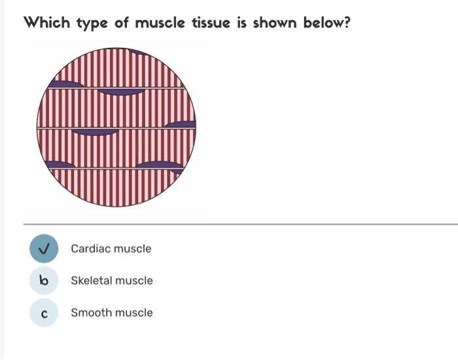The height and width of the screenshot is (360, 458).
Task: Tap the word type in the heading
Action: click(94, 24)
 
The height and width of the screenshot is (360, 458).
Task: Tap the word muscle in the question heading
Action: click(160, 23)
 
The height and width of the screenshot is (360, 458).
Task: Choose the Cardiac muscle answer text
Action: click(111, 249)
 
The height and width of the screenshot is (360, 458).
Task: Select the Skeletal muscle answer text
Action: click(111, 281)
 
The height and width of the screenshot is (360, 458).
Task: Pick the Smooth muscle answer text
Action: click(111, 313)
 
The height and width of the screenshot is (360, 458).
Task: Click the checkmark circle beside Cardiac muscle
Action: click(44, 249)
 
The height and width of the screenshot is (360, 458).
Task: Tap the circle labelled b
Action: click(44, 281)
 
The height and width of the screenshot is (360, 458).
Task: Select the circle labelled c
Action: click(44, 313)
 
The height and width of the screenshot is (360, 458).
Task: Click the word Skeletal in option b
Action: click(90, 281)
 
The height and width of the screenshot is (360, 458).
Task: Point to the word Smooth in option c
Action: click(88, 313)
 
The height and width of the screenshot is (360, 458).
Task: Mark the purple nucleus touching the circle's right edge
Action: click(182, 124)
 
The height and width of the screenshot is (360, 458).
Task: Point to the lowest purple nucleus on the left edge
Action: click(59, 164)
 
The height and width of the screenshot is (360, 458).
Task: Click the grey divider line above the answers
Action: click(241, 224)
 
